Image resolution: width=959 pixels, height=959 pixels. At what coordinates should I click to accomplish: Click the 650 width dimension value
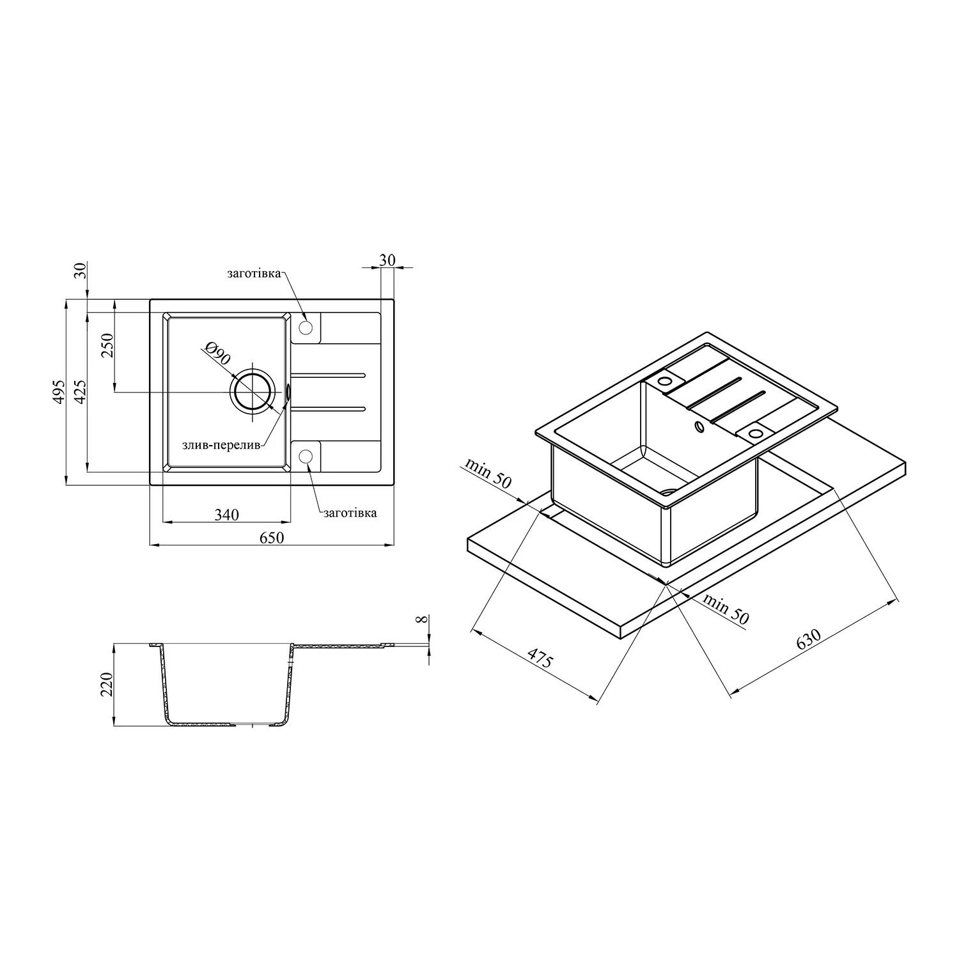pos(271,538)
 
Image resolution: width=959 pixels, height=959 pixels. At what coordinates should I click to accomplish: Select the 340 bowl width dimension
pos(226,515)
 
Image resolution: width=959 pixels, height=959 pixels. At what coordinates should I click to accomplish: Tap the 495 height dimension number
pos(59,391)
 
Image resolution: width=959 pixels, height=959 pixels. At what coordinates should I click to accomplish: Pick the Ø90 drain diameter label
pos(217,354)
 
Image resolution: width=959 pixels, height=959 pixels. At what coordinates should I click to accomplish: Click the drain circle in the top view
pos(253,392)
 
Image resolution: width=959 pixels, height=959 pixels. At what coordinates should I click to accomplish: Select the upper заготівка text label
pos(254,274)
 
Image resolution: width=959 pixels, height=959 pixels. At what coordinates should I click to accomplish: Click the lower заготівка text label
pos(350,512)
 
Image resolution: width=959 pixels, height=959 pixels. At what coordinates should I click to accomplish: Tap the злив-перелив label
pos(222,446)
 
